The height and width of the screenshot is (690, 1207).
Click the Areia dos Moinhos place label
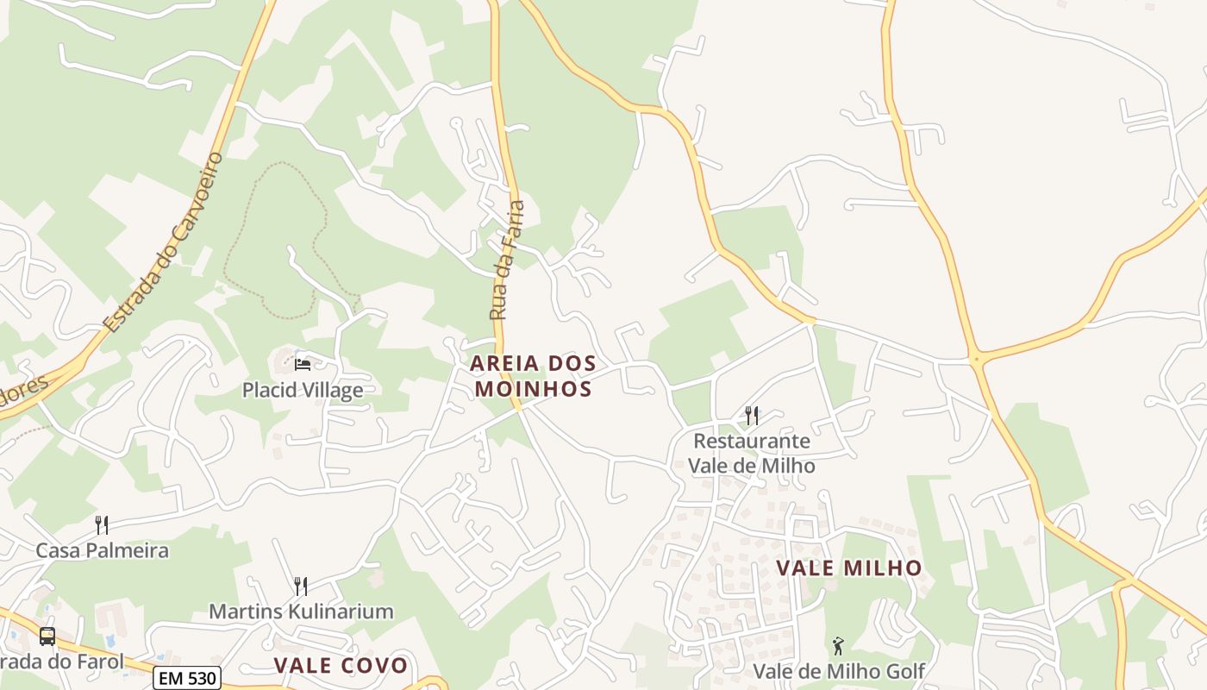(x=532, y=376)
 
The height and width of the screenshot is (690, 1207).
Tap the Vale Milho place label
(x=849, y=568)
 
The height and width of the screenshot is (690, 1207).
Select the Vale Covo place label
(x=341, y=665)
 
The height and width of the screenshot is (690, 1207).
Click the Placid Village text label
(x=302, y=391)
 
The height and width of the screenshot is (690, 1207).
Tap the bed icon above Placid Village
(x=302, y=364)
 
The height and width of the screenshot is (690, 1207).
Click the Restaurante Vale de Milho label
(x=752, y=453)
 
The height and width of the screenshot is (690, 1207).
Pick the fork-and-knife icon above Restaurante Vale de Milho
(x=752, y=416)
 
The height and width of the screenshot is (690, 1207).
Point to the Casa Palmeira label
(x=102, y=550)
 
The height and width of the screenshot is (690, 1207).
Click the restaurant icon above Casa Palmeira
(x=102, y=524)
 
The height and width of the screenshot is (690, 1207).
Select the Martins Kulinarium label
(x=301, y=612)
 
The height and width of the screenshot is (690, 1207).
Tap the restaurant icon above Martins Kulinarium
(x=301, y=586)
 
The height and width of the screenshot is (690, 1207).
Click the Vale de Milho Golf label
(x=839, y=671)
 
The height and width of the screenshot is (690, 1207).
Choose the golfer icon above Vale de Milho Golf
(x=837, y=645)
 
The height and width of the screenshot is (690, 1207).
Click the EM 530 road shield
(x=187, y=678)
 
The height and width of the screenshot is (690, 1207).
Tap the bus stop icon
(x=47, y=637)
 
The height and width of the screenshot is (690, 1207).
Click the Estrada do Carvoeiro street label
(x=164, y=243)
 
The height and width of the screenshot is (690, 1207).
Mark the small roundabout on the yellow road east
(x=976, y=358)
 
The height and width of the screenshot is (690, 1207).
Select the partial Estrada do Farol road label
(x=62, y=662)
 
